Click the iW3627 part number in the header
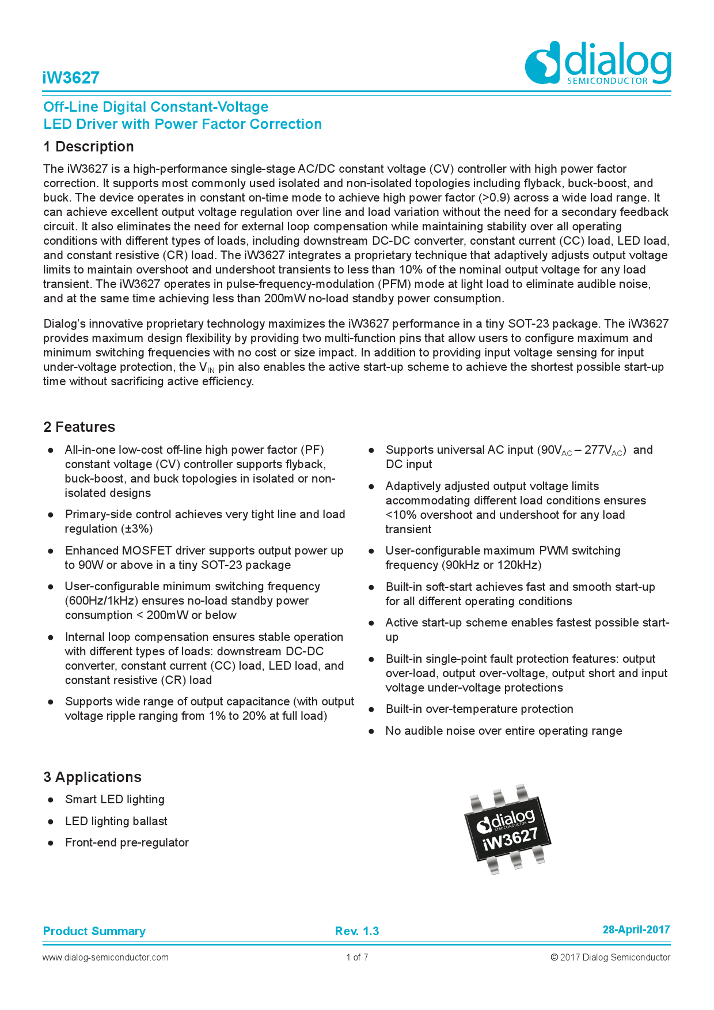coord(71,78)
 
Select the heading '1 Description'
coord(89,147)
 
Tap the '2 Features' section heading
coord(79,427)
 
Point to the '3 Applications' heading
coord(92,777)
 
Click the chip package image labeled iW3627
coord(507,829)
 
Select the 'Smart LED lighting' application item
coord(115,799)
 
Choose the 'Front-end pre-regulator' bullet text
coord(127,842)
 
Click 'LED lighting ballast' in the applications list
coord(116,821)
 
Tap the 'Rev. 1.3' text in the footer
coord(357,931)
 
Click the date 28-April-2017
coord(636,929)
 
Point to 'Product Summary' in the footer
coord(94,931)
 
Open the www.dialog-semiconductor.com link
coord(105,957)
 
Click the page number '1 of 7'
coord(357,957)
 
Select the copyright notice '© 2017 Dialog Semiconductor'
coord(610,957)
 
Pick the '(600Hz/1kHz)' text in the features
coord(101,601)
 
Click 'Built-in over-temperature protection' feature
coord(479,709)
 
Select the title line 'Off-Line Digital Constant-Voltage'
coord(156,107)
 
